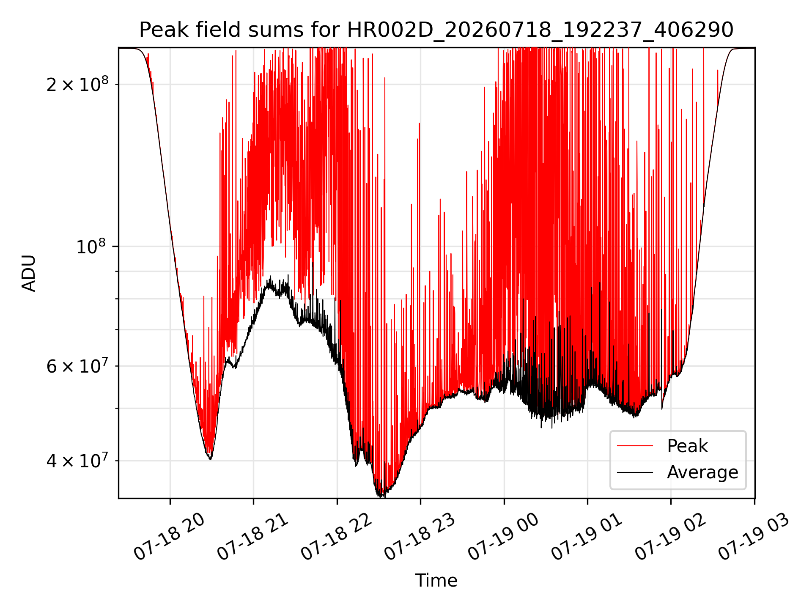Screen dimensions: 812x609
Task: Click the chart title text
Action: [x=436, y=30]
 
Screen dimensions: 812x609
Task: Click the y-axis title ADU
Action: [x=29, y=273]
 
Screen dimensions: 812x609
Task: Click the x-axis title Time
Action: [x=436, y=581]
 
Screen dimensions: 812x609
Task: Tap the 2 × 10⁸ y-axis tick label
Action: [x=77, y=84]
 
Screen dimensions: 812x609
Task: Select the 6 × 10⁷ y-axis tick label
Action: [x=77, y=366]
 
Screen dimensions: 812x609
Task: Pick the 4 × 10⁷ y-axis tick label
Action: [x=77, y=461]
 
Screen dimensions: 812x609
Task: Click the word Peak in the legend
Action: [x=687, y=446]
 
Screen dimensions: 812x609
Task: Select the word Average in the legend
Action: [x=702, y=472]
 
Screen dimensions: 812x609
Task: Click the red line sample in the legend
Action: [x=635, y=446]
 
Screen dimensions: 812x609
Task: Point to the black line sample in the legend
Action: [x=635, y=472]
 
